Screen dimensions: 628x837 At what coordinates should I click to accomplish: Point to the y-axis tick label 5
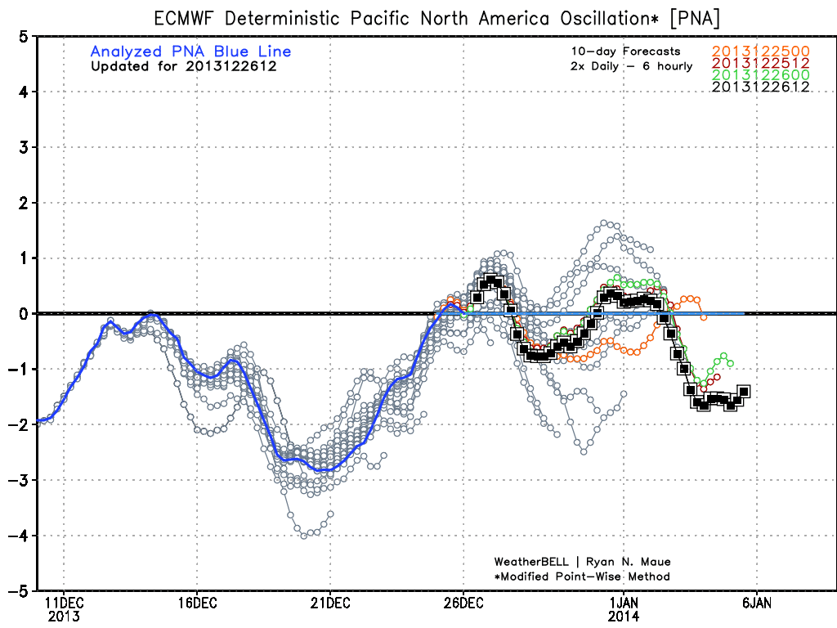(x=28, y=36)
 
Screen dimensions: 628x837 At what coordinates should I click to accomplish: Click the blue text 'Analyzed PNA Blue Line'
(x=190, y=52)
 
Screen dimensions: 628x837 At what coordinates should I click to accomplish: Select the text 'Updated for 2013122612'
(x=183, y=66)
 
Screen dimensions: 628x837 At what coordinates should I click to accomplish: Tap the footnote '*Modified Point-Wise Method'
(x=582, y=576)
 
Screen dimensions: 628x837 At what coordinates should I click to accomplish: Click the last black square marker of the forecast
(x=744, y=392)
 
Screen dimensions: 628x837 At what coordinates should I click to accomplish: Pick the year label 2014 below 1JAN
(x=624, y=617)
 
